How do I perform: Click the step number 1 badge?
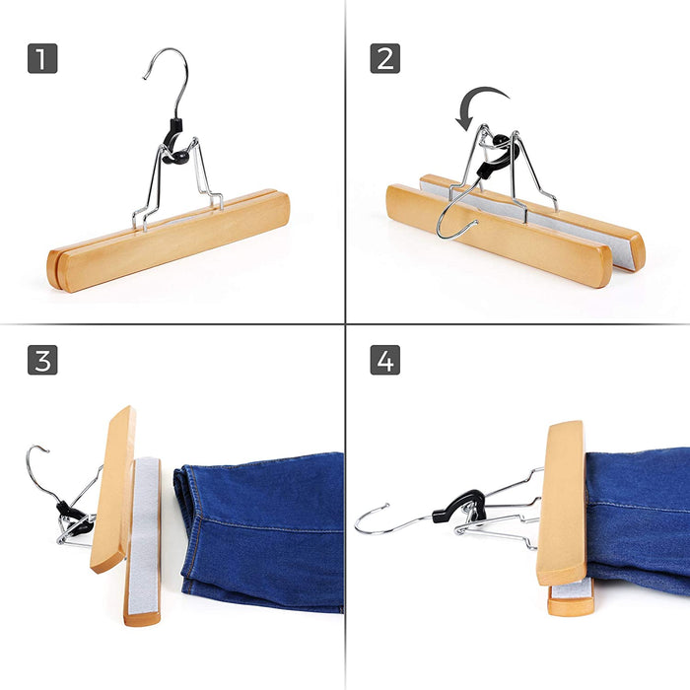pyautogui.click(x=41, y=58)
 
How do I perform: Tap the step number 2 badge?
pyautogui.click(x=385, y=58)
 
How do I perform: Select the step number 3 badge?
pyautogui.click(x=41, y=360)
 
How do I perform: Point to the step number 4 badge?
pyautogui.click(x=385, y=360)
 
